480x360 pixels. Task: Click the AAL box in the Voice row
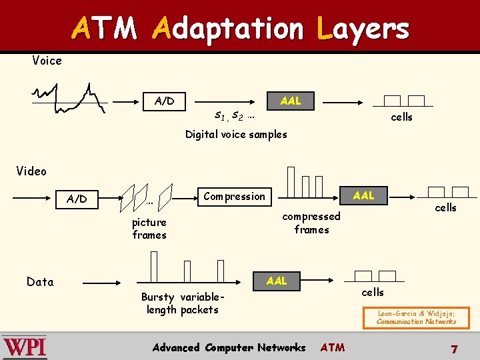pyautogui.click(x=291, y=101)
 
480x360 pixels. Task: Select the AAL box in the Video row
pyautogui.click(x=363, y=195)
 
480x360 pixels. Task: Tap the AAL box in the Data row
pyautogui.click(x=277, y=281)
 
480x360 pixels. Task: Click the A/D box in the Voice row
pyautogui.click(x=164, y=101)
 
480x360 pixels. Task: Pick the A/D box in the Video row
pyautogui.click(x=77, y=199)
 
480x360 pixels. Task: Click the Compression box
pyautogui.click(x=234, y=196)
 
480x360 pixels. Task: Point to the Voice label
pyautogui.click(x=47, y=61)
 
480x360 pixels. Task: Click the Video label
pyautogui.click(x=31, y=171)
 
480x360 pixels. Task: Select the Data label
pyautogui.click(x=40, y=282)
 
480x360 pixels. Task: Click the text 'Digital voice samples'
pyautogui.click(x=236, y=135)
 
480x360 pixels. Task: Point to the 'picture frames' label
pyautogui.click(x=149, y=229)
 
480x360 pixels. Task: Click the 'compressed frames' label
pyautogui.click(x=311, y=223)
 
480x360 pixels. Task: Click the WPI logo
pyautogui.click(x=25, y=347)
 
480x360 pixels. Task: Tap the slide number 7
pyautogui.click(x=454, y=349)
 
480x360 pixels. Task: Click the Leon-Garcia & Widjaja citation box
pyautogui.click(x=416, y=317)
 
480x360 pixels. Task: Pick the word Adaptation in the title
pyautogui.click(x=227, y=28)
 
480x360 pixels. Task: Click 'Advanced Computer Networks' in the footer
pyautogui.click(x=229, y=347)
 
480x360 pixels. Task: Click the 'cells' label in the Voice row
pyautogui.click(x=401, y=117)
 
